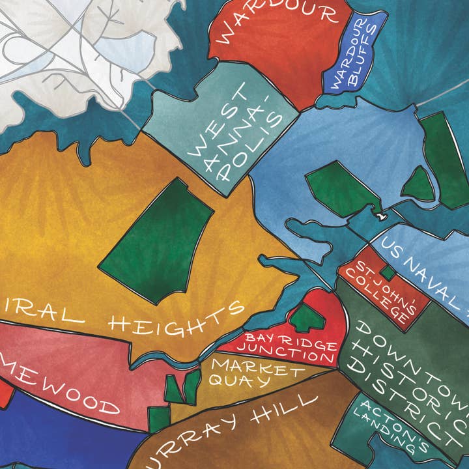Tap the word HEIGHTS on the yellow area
[176, 319]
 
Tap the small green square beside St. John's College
[387, 272]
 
